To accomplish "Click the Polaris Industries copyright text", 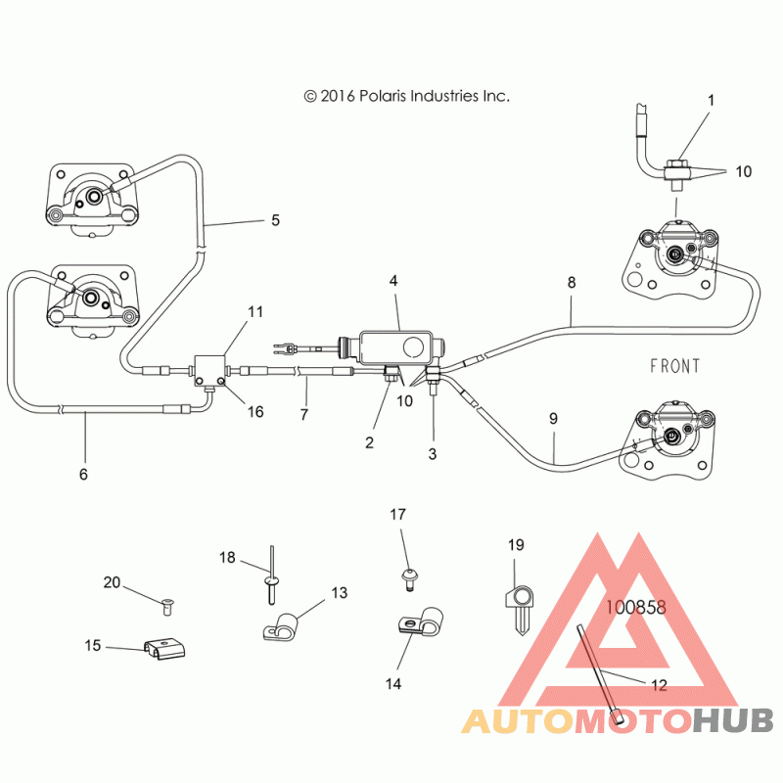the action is tap(406, 96).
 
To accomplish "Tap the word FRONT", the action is tap(674, 366).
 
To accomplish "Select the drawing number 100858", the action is tap(635, 607).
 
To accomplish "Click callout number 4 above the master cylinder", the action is tap(393, 281).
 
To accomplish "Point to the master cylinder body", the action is tap(397, 346).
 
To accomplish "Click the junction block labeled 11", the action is tap(209, 372).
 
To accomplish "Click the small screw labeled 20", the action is tap(167, 606).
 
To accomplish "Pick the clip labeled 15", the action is tap(164, 648).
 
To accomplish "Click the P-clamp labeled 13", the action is tap(281, 626).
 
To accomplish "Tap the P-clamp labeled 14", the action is tap(422, 622).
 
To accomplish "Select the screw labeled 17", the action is tap(409, 579).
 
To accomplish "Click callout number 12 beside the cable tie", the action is tap(659, 685).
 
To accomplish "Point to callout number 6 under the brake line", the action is tap(83, 474).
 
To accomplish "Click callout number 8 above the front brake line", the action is tap(572, 283).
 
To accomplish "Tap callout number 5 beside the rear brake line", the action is tap(275, 220).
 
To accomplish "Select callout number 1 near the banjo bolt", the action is tap(712, 101).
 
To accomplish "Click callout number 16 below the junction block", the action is tap(255, 411).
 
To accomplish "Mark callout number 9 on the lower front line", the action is tap(553, 419).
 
